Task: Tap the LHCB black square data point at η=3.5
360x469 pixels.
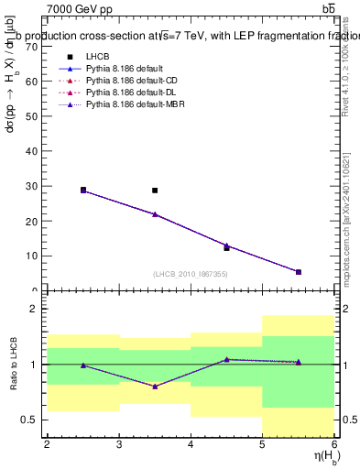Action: pyautogui.click(x=155, y=191)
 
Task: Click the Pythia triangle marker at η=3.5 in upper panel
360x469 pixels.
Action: pyautogui.click(x=155, y=214)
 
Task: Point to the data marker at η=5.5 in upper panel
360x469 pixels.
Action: pyautogui.click(x=299, y=272)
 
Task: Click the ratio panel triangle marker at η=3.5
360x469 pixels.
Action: pyautogui.click(x=155, y=387)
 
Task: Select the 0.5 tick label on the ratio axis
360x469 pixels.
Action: pyautogui.click(x=29, y=420)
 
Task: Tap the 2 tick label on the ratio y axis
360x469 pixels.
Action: pyautogui.click(x=33, y=310)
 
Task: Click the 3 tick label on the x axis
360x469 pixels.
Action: pyautogui.click(x=118, y=444)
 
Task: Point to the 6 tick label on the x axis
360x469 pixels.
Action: pyautogui.click(x=333, y=444)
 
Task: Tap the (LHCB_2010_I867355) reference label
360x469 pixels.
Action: pyautogui.click(x=190, y=274)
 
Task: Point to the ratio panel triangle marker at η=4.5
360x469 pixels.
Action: pyautogui.click(x=226, y=360)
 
